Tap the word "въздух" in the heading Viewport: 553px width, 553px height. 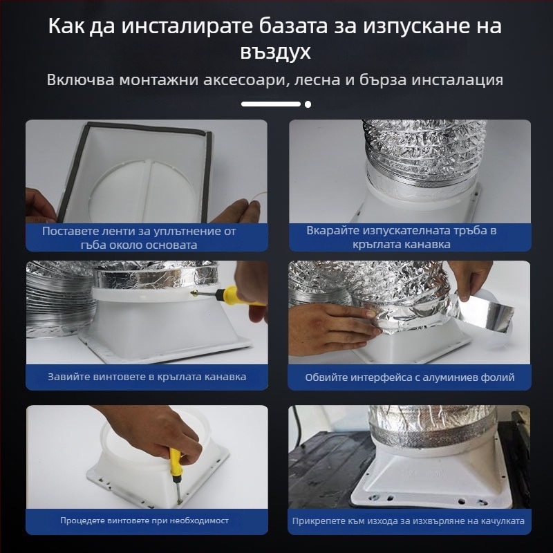tap(276, 53)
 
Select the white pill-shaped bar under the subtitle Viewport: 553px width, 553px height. tap(270, 104)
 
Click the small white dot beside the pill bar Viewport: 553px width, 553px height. tap(308, 104)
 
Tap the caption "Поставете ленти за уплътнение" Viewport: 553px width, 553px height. tap(139, 231)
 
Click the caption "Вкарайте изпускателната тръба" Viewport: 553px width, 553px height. tap(402, 231)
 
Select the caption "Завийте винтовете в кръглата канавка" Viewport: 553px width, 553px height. tap(147, 377)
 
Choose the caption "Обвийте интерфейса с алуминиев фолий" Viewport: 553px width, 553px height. tap(409, 377)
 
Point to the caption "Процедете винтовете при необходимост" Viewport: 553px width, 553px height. tap(144, 520)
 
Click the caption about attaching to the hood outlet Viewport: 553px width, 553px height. tap(408, 521)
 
